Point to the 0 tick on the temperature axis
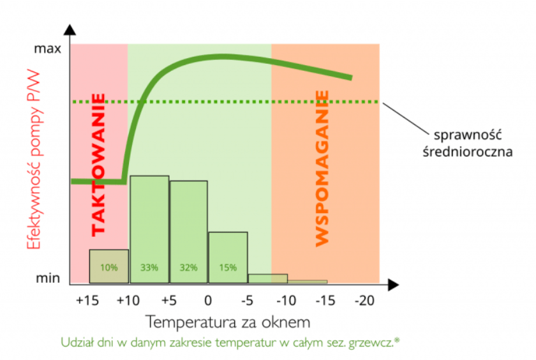pos(207,299)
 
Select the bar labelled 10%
pos(108,267)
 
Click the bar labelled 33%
pos(149,230)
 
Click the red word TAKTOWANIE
pos(98,165)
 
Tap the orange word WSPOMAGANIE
pos(322,168)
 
